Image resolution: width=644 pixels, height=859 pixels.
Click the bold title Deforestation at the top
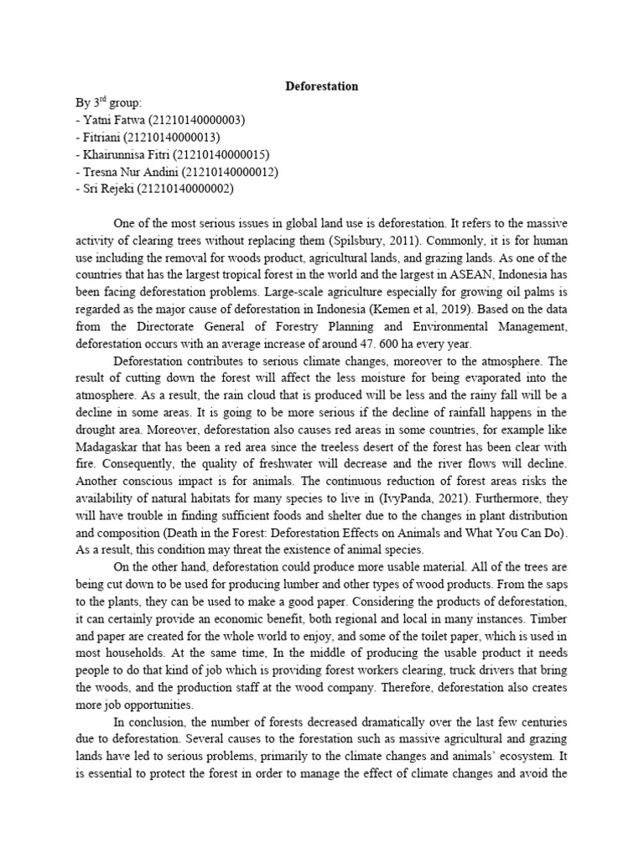(x=322, y=86)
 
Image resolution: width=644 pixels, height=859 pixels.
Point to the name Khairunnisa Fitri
(x=124, y=154)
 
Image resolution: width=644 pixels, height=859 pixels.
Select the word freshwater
(x=279, y=463)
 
